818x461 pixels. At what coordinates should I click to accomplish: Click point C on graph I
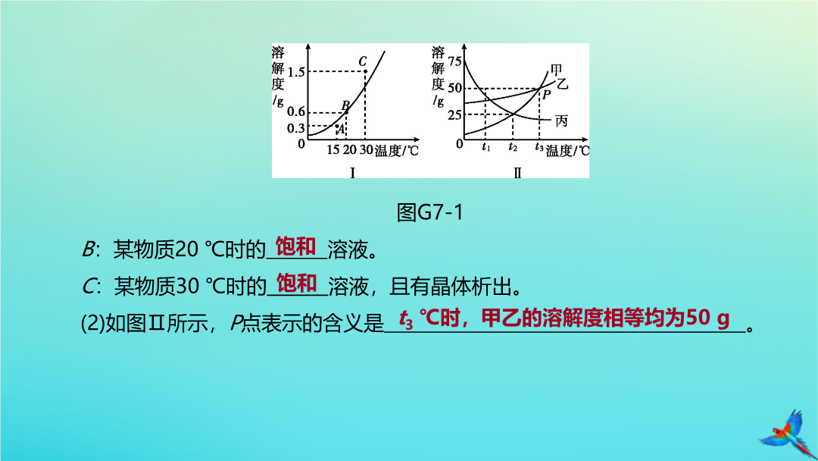(365, 71)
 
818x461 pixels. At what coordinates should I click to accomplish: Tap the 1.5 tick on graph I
(296, 72)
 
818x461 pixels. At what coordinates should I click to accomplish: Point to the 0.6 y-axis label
(296, 111)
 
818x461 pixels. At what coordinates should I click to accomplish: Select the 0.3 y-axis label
(296, 128)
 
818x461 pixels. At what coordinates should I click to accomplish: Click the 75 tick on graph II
(454, 61)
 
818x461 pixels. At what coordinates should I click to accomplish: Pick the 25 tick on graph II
(454, 114)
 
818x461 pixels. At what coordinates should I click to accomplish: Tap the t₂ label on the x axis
(513, 147)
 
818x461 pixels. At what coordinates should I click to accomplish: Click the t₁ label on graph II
(485, 147)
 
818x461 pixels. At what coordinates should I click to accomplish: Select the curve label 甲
(556, 70)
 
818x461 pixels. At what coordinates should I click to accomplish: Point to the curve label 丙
(561, 121)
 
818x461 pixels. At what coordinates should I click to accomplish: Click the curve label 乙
(562, 83)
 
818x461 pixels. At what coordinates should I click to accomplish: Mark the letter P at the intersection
(546, 95)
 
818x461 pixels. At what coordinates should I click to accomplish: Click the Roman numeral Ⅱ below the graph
(517, 172)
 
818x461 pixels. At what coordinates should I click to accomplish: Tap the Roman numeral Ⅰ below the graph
(353, 172)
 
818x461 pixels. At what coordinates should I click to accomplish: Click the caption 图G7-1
(430, 212)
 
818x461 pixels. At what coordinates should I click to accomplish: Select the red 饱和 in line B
(296, 246)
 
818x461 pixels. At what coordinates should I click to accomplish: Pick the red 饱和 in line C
(297, 284)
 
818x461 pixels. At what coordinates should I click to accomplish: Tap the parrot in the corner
(788, 434)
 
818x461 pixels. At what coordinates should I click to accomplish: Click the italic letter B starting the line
(88, 250)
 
